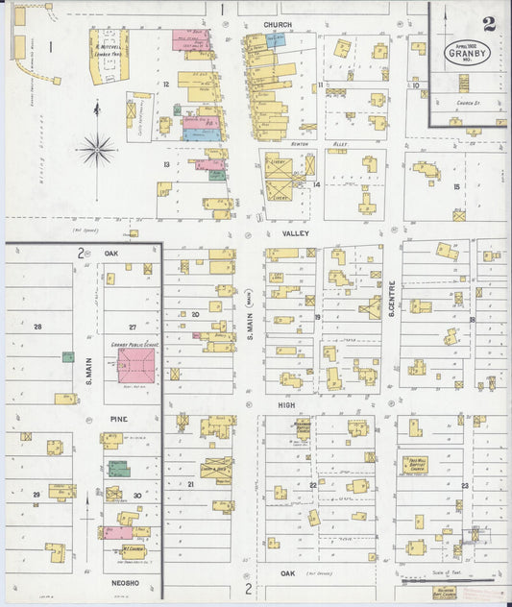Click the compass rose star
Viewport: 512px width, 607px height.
98,148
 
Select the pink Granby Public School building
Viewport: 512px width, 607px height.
135,366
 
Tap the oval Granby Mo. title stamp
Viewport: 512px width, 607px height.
467,53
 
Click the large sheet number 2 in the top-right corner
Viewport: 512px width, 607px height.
489,23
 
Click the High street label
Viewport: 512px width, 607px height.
285,405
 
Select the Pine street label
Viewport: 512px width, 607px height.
118,420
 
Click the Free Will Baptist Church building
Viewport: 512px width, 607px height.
415,465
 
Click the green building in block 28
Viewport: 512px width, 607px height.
68,356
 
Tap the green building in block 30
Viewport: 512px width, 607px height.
118,469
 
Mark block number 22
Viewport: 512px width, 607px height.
313,485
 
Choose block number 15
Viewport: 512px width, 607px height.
456,186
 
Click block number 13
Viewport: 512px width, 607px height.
166,164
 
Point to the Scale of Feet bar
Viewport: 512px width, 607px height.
436,580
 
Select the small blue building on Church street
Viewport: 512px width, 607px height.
276,40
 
